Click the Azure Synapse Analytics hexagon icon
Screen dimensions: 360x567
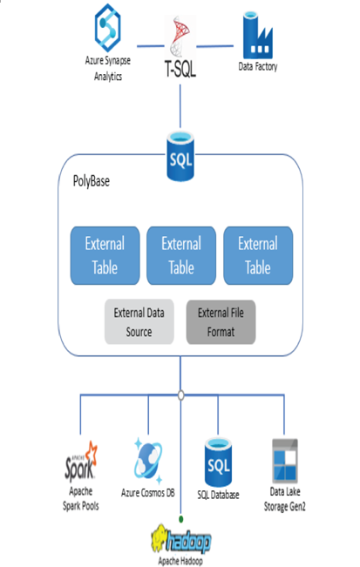107,28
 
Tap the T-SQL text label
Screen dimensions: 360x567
180,68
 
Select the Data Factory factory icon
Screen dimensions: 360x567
257,35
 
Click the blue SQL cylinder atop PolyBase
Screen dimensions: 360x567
180,156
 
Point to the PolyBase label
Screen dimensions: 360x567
92,181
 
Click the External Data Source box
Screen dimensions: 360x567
139,321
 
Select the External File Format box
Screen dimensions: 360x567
221,322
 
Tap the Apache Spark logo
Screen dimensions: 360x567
81,462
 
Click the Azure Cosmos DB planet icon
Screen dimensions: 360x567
148,461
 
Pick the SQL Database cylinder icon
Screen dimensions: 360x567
218,462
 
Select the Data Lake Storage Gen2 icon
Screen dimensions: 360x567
285,461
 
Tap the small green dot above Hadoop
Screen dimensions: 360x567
181,519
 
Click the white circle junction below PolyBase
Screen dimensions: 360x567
181,395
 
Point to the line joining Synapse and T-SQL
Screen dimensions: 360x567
151,46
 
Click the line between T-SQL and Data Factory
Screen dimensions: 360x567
215,46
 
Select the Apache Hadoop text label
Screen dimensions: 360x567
180,561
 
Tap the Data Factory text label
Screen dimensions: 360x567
258,67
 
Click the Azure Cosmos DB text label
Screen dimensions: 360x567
148,492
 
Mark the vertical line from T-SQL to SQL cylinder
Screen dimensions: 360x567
180,106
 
